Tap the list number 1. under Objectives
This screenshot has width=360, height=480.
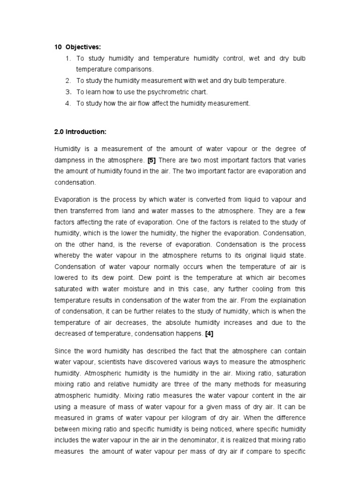(68, 58)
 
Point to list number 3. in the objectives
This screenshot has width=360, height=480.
(68, 92)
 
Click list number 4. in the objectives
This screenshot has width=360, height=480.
(68, 104)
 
